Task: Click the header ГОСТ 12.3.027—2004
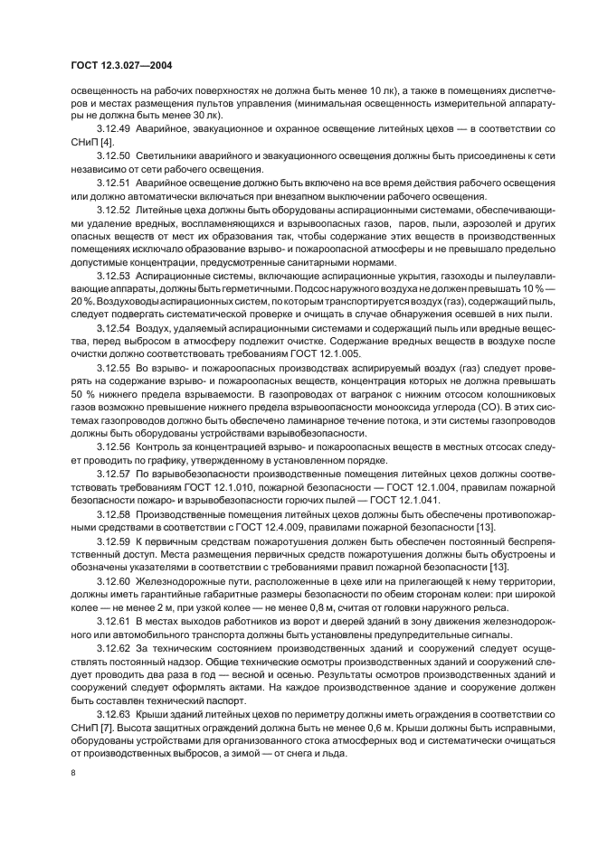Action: (121, 65)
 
